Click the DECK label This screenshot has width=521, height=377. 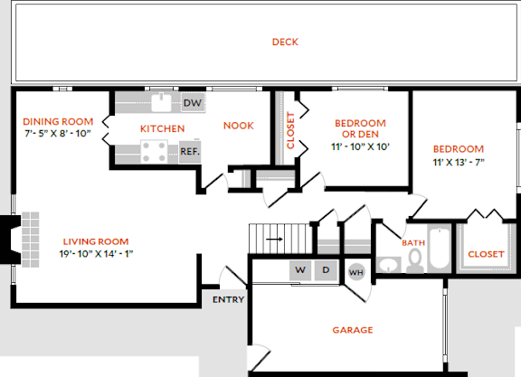click(x=285, y=42)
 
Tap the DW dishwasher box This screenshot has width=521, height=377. click(x=192, y=103)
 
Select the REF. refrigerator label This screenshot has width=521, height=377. click(x=189, y=152)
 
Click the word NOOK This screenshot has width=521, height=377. click(x=239, y=126)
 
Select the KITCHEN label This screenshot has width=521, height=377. click(x=162, y=128)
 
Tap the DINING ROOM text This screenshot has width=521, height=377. click(x=58, y=122)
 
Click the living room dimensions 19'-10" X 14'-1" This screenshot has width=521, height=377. click(x=95, y=253)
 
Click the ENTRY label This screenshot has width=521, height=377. click(x=226, y=299)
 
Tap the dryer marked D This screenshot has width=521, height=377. click(x=327, y=270)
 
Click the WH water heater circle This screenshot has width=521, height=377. click(x=356, y=271)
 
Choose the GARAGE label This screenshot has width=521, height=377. click(x=353, y=330)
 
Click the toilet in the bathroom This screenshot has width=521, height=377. click(x=415, y=259)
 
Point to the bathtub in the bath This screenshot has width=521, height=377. click(x=440, y=249)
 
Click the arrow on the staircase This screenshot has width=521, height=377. click(x=274, y=240)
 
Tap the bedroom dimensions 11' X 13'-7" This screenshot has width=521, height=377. click(x=458, y=163)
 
